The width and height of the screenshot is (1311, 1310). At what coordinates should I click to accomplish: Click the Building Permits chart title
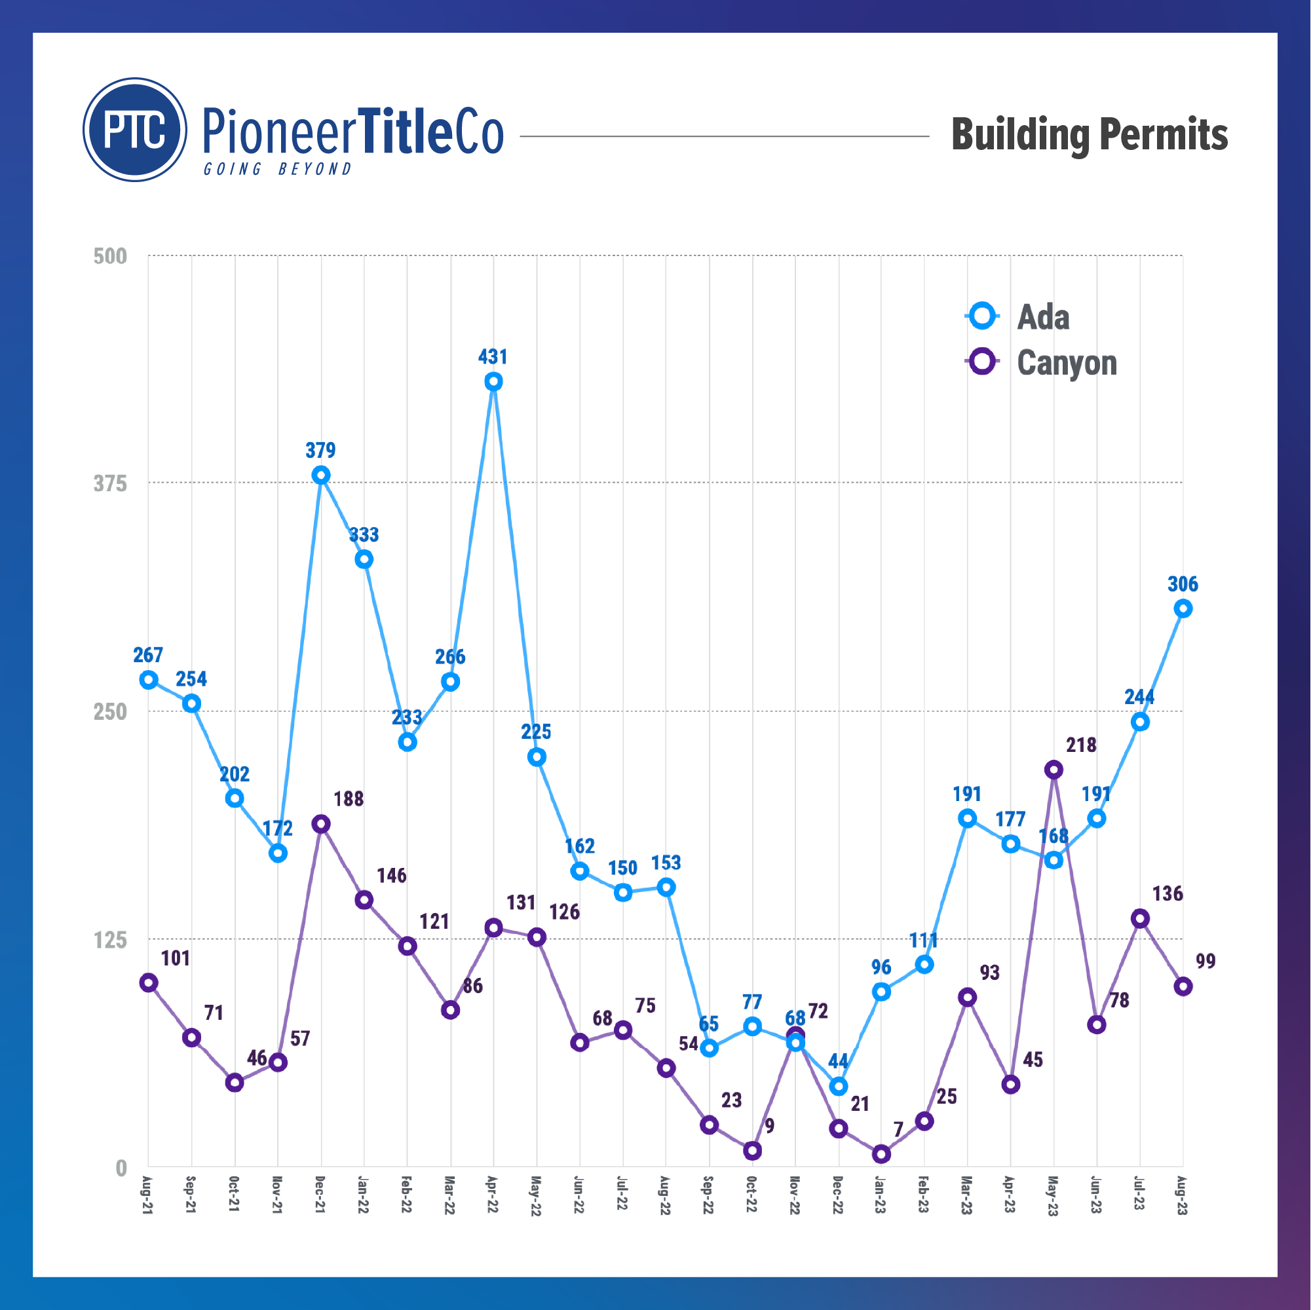[1088, 134]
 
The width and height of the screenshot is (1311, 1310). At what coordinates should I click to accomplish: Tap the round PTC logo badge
[135, 130]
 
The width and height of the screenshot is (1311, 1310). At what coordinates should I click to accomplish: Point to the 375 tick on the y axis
[110, 483]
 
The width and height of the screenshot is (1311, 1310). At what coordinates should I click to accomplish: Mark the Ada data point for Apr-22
[493, 382]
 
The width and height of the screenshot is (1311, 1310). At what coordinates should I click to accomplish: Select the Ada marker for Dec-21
[321, 475]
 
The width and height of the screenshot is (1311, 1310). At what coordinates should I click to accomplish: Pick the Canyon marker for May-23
[1053, 770]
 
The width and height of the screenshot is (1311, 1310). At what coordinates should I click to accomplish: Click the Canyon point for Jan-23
[881, 1154]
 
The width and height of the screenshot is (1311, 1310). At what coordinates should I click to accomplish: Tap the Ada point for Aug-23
[1183, 608]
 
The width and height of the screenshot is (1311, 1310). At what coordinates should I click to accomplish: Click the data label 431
[493, 357]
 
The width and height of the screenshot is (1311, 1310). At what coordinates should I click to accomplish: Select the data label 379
[320, 451]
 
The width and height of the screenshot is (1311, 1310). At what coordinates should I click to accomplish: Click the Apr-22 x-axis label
[493, 1196]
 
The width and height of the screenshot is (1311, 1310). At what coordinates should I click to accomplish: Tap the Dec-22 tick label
[837, 1196]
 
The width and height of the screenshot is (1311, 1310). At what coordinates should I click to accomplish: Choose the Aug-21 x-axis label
[148, 1196]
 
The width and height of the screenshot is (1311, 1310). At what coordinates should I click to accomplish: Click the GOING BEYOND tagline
[278, 169]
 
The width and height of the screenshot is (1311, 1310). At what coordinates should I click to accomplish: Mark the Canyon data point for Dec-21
[321, 824]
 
